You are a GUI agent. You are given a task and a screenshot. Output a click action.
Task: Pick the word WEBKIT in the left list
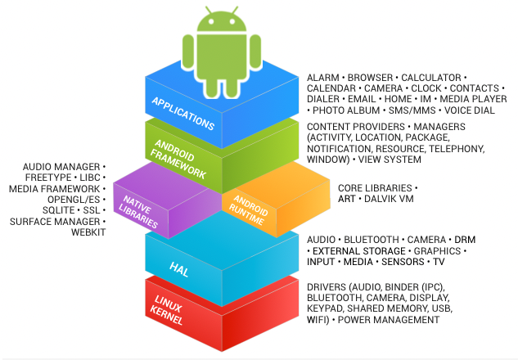[x=88, y=232]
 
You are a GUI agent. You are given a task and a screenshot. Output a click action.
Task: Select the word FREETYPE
[x=52, y=178]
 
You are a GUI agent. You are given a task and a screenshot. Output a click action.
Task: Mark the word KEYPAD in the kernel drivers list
[x=327, y=308]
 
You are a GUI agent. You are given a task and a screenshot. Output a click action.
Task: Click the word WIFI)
[x=319, y=320]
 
